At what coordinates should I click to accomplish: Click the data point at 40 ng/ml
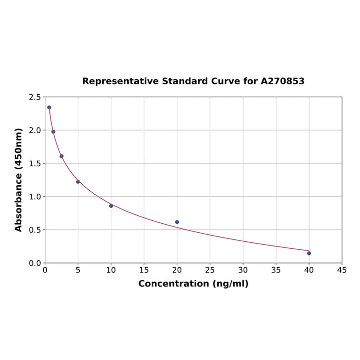[x=309, y=254]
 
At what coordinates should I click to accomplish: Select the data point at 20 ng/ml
[x=177, y=222]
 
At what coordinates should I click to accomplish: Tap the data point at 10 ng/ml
[x=111, y=206]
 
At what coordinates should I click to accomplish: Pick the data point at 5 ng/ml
[x=78, y=182]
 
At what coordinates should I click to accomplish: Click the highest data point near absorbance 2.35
[x=49, y=107]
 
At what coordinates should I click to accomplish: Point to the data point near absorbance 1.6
[x=61, y=156]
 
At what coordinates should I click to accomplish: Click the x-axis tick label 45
[x=342, y=270]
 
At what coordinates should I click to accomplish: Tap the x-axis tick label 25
[x=210, y=270]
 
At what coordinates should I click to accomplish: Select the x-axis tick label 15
[x=144, y=270]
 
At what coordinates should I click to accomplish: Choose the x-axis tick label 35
[x=276, y=270]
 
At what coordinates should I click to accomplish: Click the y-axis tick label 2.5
[x=35, y=97]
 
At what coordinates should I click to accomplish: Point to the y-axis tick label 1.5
[x=35, y=164]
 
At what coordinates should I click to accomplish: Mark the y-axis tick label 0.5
[x=35, y=230]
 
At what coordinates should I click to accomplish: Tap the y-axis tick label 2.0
[x=35, y=130]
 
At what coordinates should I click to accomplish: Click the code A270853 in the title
[x=283, y=81]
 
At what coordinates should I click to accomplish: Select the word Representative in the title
[x=121, y=81]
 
